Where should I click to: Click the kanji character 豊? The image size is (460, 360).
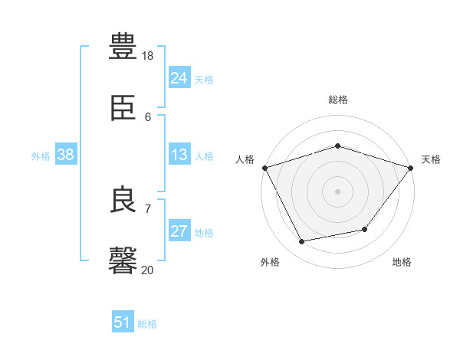123,45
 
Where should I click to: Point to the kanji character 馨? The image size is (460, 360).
123,260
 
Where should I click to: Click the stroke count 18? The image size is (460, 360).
148,56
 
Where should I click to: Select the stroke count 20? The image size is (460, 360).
148,270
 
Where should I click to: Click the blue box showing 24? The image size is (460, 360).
179,78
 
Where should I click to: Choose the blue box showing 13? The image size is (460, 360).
179,155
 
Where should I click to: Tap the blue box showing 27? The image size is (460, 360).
179,231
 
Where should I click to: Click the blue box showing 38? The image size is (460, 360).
65,155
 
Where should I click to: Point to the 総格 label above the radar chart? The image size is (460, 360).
337,100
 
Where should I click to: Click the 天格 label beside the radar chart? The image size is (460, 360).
431,159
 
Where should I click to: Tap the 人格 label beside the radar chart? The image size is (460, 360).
245,159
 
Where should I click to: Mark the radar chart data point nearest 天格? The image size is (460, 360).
410,168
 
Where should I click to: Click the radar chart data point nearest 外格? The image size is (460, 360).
302,242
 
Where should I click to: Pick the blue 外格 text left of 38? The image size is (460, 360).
41,156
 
